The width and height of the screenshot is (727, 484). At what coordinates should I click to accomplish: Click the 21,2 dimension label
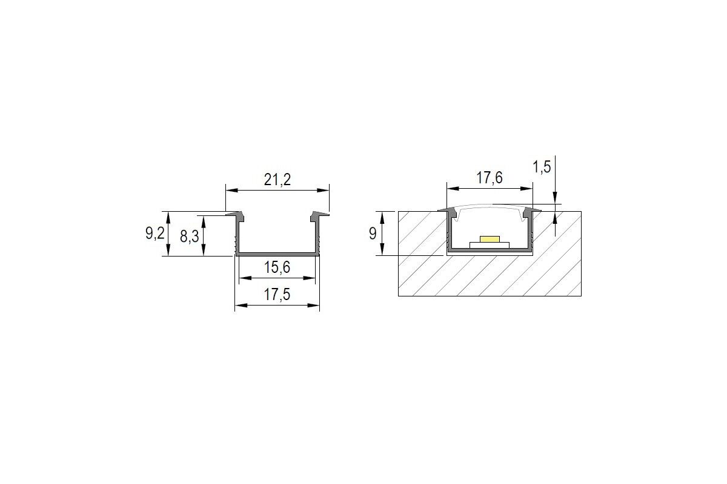coord(277,180)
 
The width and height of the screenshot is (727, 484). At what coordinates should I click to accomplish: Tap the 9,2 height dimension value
coord(155,234)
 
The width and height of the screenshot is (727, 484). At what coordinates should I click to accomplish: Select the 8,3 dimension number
coord(189,237)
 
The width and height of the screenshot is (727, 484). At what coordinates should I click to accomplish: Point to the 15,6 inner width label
coord(277,267)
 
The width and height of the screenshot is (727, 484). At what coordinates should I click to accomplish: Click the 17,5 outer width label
coord(277,295)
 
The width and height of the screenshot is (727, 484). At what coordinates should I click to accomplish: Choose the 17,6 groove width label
coord(490,178)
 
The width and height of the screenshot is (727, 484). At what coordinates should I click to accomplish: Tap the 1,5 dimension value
coord(542,167)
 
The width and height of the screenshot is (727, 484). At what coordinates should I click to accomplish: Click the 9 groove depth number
coord(373,234)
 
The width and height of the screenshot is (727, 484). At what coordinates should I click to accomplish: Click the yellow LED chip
coord(490,239)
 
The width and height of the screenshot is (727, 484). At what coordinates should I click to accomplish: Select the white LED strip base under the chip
coord(490,246)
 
